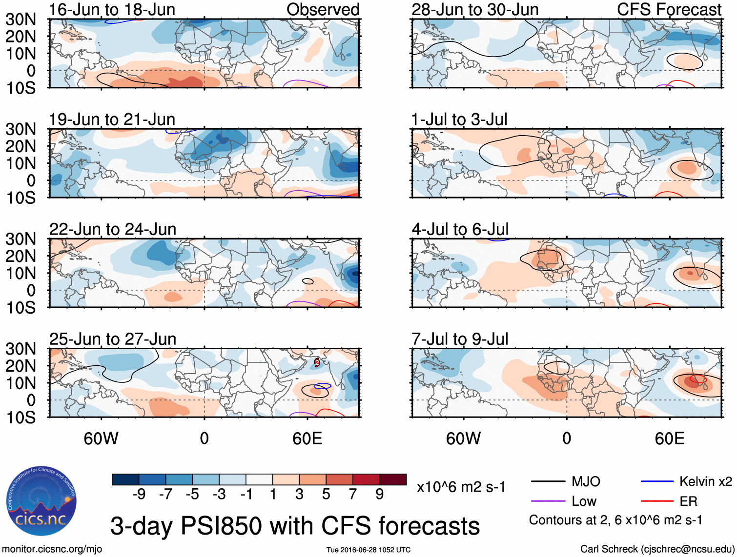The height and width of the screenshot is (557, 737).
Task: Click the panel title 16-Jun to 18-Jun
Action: pyautogui.click(x=112, y=9)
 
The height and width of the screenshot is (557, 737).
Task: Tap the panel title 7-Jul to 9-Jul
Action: pyautogui.click(x=460, y=338)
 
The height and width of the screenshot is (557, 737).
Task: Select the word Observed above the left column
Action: pyautogui.click(x=323, y=9)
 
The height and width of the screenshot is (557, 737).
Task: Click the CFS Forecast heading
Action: pyautogui.click(x=669, y=9)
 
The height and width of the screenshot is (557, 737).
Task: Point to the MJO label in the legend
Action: pyautogui.click(x=586, y=482)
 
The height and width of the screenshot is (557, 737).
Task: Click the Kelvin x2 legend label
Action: pyautogui.click(x=705, y=482)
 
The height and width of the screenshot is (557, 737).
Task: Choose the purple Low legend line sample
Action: pyautogui.click(x=548, y=501)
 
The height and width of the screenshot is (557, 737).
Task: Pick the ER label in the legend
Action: pyautogui.click(x=688, y=501)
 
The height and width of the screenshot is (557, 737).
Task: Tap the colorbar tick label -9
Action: pyautogui.click(x=139, y=495)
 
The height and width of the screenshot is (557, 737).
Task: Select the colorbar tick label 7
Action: pyautogui.click(x=353, y=495)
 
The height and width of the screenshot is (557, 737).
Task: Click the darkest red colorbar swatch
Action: pyautogui.click(x=393, y=479)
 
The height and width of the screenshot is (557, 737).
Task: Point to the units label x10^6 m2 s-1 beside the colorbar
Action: pyautogui.click(x=461, y=487)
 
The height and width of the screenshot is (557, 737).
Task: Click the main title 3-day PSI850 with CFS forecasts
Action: pyautogui.click(x=295, y=526)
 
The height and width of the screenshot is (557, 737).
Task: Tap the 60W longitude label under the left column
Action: pyautogui.click(x=101, y=438)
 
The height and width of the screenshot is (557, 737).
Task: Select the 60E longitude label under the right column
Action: pyautogui.click(x=669, y=438)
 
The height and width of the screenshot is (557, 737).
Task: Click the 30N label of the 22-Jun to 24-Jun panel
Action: pyautogui.click(x=21, y=239)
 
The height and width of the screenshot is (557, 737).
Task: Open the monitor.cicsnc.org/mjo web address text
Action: pyautogui.click(x=52, y=549)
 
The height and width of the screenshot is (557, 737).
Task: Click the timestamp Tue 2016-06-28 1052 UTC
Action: pyautogui.click(x=368, y=550)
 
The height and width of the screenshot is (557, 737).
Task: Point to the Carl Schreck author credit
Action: pyautogui.click(x=657, y=549)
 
